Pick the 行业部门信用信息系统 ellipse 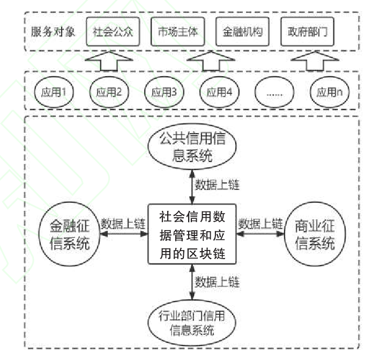tap(192, 321)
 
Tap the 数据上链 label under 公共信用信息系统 tap(217, 186)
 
